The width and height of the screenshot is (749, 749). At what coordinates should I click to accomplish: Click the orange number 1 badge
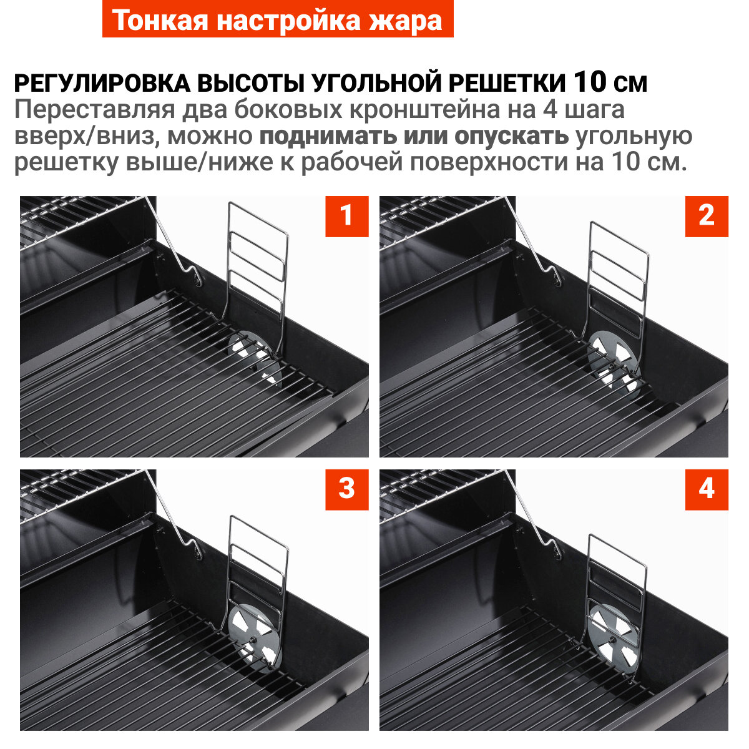coord(346,217)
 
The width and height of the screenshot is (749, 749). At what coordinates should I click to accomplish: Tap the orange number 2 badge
coord(706,217)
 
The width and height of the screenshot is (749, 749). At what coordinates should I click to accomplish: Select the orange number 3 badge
coord(346,489)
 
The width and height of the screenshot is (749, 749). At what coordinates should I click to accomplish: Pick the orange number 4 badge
coord(706,489)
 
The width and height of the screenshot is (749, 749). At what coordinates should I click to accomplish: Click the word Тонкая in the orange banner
coord(160,20)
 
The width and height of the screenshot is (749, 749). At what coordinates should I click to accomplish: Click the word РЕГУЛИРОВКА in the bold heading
coord(102,84)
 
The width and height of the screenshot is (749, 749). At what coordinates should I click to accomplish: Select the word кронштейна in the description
coord(424,110)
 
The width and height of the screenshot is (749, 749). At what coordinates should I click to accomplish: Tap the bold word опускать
coord(511,137)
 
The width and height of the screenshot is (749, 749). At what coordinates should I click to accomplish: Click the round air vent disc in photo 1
coord(255,358)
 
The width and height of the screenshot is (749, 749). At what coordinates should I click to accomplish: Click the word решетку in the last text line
coord(66,162)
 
